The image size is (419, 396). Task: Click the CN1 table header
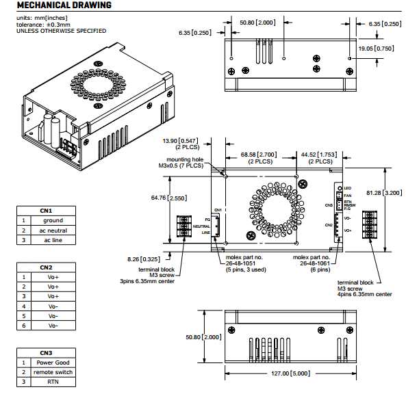tap(47, 211)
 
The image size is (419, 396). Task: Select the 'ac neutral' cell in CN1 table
tap(53, 230)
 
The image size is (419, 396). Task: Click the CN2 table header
tap(47, 267)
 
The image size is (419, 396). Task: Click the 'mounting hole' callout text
tap(177, 159)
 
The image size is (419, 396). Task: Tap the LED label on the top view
tap(347, 187)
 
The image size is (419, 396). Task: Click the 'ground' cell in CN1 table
tap(53, 220)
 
